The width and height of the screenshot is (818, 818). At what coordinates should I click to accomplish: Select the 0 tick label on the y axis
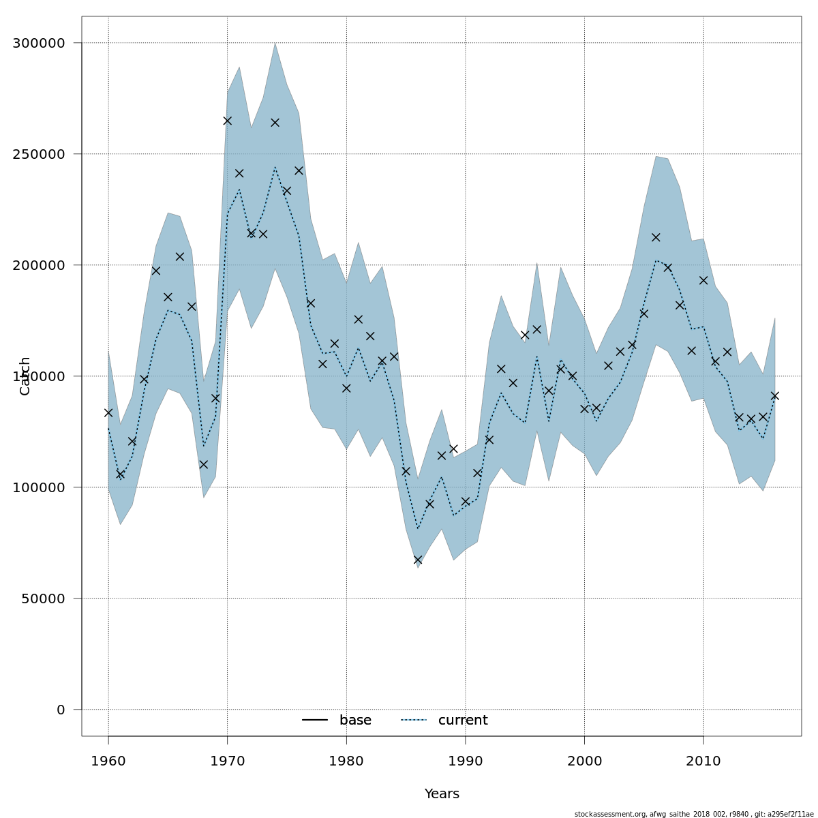(61, 710)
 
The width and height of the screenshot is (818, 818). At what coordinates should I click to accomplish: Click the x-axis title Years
(442, 794)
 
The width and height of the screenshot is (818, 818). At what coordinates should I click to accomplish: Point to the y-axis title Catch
(25, 376)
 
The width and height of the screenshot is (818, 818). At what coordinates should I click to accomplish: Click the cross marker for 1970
(227, 121)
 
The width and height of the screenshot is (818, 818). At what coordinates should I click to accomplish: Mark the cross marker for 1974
(275, 123)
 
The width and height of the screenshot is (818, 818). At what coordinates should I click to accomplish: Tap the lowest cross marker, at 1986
(418, 560)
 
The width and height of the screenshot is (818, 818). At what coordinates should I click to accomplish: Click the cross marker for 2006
(656, 237)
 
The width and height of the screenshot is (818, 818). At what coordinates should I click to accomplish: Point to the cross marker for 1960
(108, 412)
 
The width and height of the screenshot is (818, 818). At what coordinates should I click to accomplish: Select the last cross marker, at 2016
(774, 395)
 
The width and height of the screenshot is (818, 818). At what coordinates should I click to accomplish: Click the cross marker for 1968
(203, 464)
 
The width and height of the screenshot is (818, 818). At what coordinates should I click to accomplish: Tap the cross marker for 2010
(703, 280)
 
